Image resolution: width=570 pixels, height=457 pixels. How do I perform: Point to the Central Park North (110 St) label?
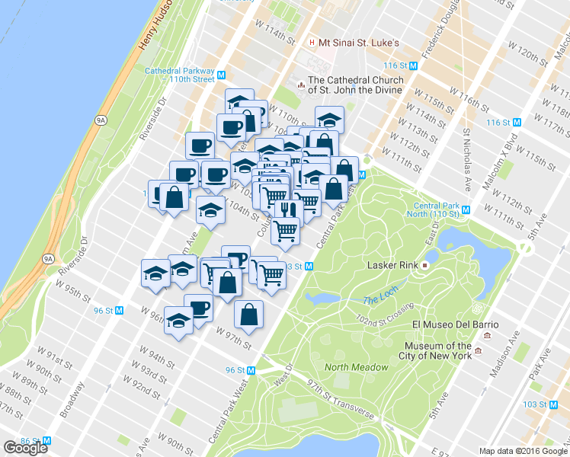[438, 210]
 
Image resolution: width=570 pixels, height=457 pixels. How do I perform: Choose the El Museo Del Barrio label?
[455, 324]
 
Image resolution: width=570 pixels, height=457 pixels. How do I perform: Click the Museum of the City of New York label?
[439, 350]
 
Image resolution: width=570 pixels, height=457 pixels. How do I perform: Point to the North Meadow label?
[351, 368]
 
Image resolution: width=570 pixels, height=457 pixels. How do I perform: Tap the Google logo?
[25, 448]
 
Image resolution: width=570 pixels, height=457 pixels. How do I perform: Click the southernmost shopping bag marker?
[249, 312]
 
